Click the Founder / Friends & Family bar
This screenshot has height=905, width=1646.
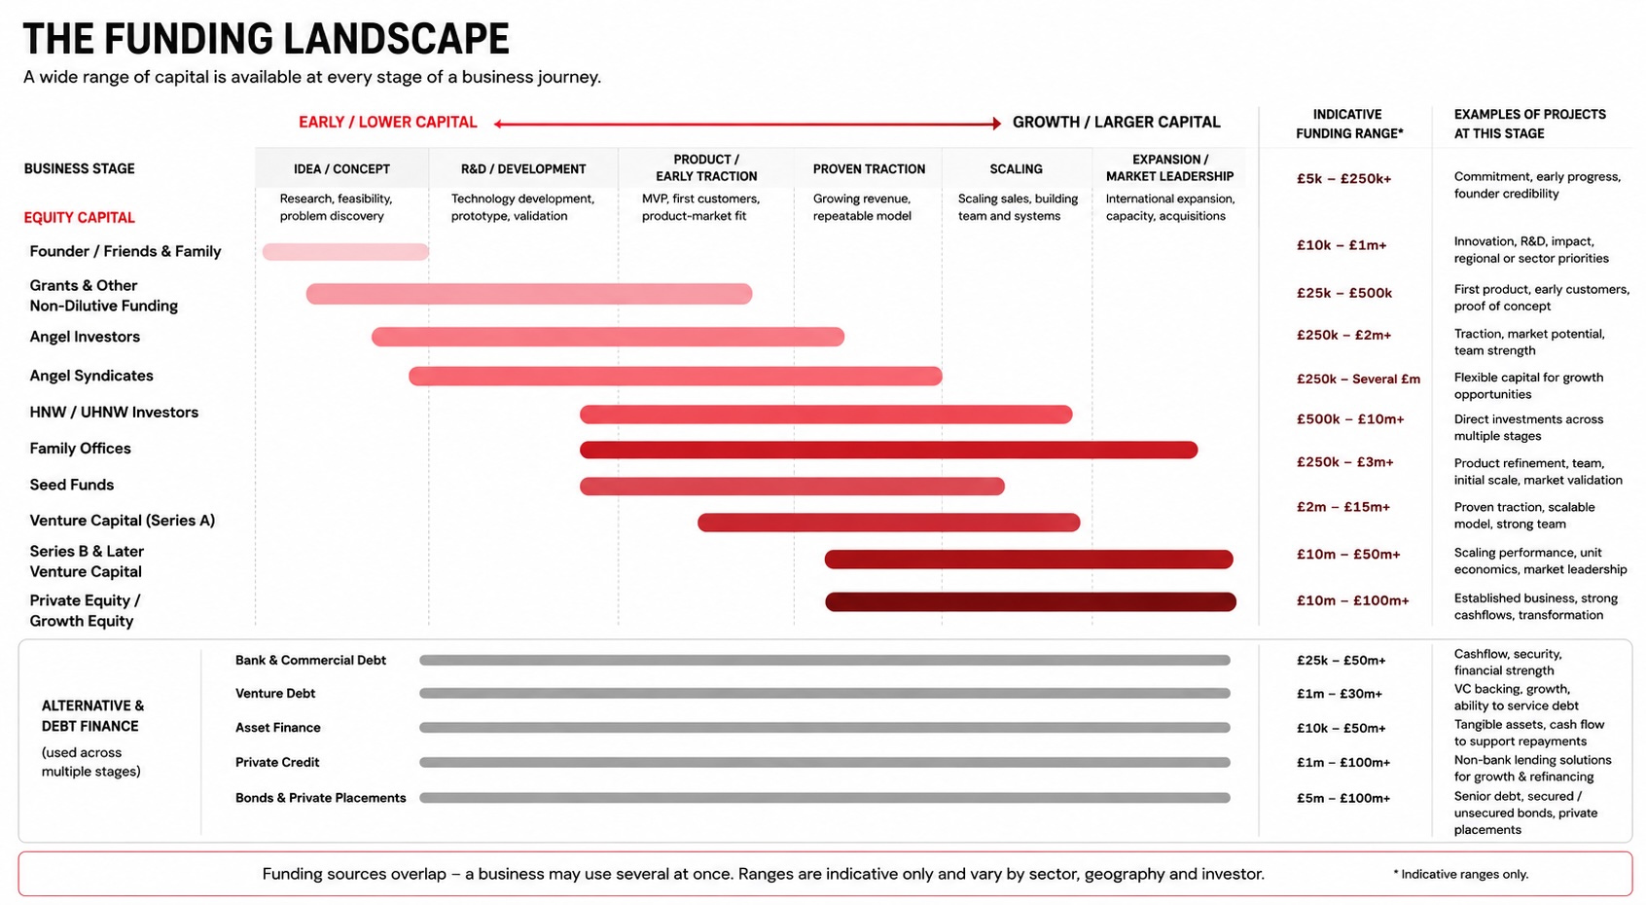345,251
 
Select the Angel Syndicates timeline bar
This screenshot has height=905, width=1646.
675,376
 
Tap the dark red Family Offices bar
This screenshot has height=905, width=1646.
888,450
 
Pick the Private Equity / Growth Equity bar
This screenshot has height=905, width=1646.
1030,601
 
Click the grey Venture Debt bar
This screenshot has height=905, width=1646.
825,693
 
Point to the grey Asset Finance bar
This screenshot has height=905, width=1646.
825,727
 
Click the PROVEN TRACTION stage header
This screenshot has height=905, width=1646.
869,169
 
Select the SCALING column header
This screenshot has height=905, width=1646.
1016,169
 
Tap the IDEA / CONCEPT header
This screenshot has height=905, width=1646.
341,169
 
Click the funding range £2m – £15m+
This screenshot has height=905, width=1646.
1343,507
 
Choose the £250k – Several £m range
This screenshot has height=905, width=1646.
1358,379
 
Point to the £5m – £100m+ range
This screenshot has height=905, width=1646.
1343,798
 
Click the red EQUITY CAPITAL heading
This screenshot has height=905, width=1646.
80,218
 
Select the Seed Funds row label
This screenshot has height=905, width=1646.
72,485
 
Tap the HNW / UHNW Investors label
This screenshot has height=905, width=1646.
114,412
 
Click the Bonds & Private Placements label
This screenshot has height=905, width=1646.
320,798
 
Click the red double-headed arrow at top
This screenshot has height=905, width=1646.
747,124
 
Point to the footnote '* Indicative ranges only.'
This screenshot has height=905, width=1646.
1461,874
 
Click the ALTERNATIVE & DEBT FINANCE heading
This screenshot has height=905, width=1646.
92,715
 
